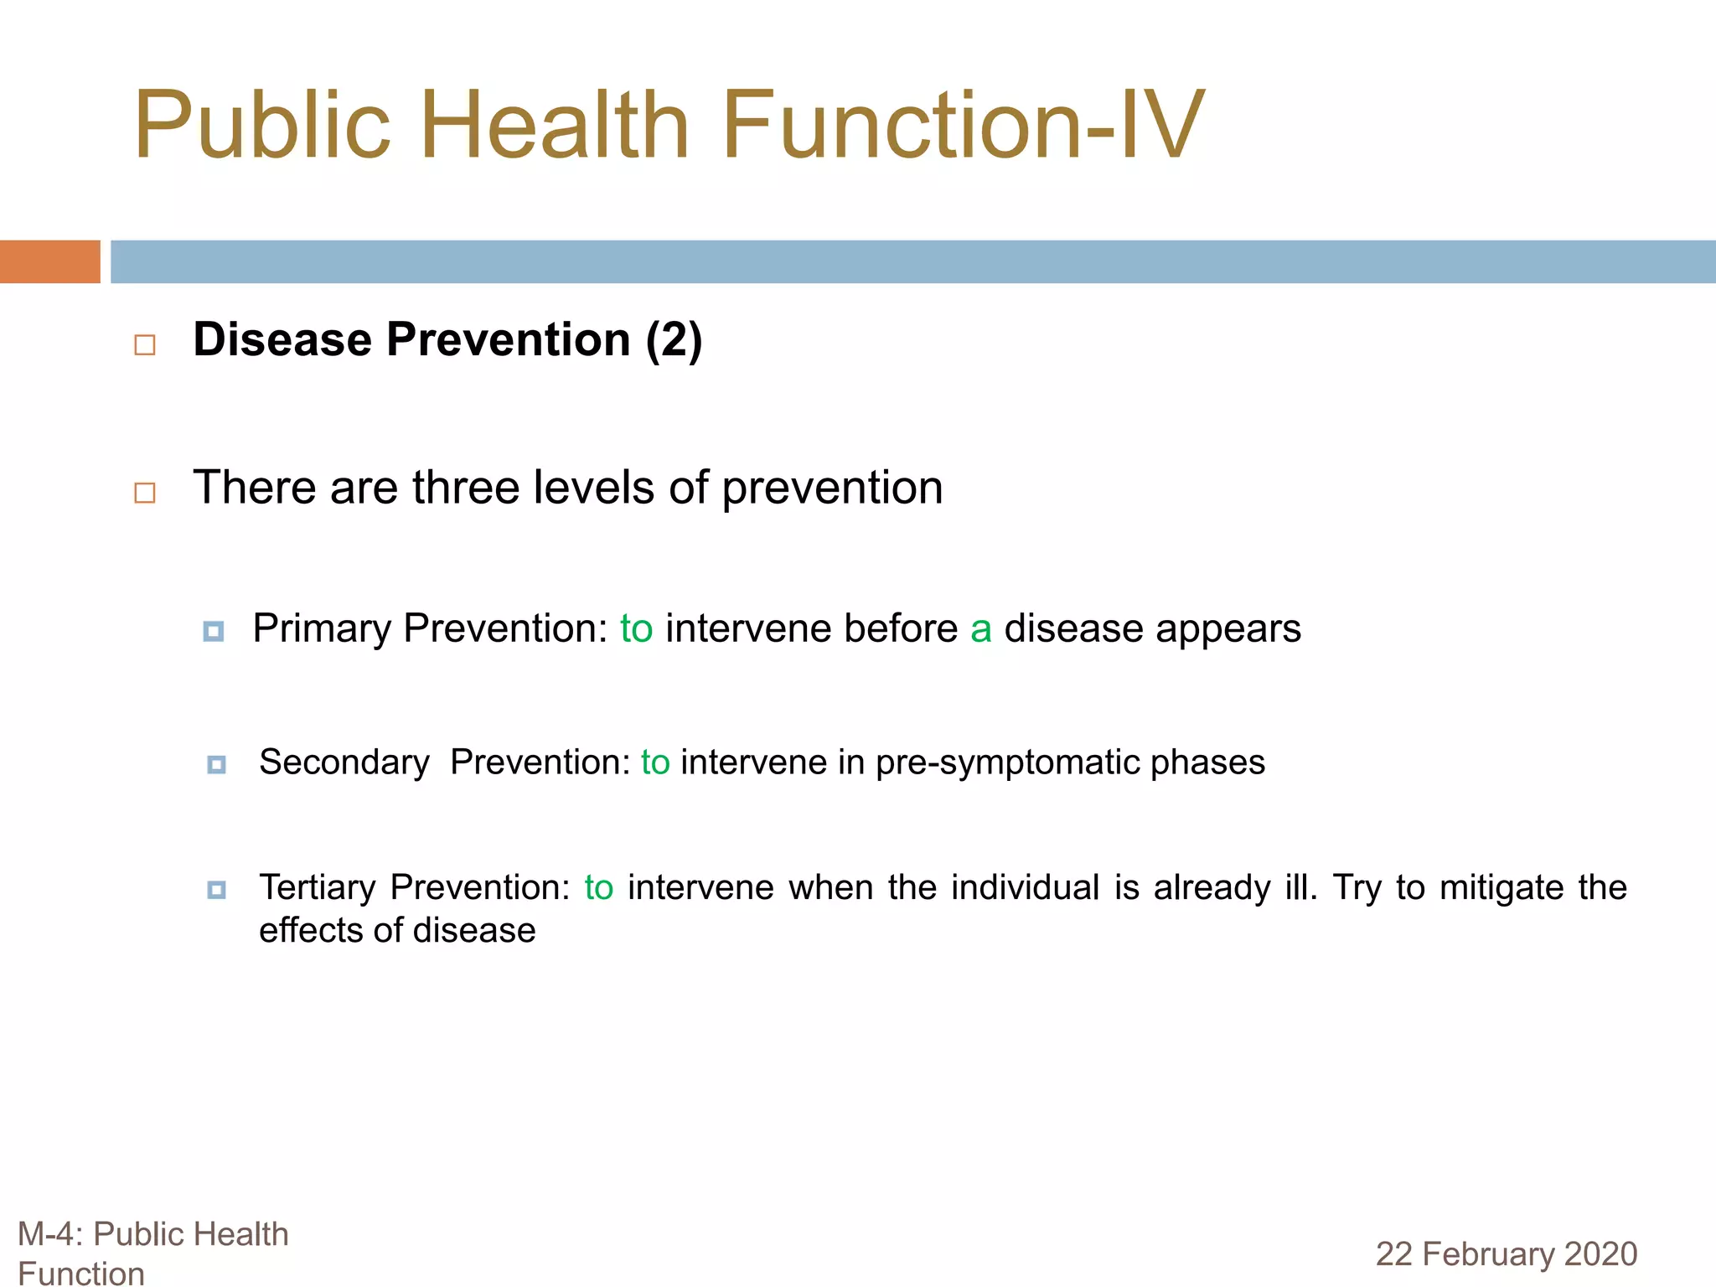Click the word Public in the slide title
click(x=261, y=126)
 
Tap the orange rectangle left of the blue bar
click(x=49, y=261)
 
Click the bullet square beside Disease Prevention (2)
click(x=145, y=344)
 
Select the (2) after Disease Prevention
click(x=674, y=340)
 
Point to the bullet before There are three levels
click(x=145, y=493)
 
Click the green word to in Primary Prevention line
click(x=636, y=628)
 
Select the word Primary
click(x=322, y=628)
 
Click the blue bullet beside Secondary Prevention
click(x=217, y=764)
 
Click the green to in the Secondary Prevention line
click(x=655, y=762)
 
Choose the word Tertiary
click(x=318, y=888)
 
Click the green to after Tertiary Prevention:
click(x=598, y=888)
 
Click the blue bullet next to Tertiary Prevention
click(x=217, y=890)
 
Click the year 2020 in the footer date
click(x=1600, y=1254)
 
